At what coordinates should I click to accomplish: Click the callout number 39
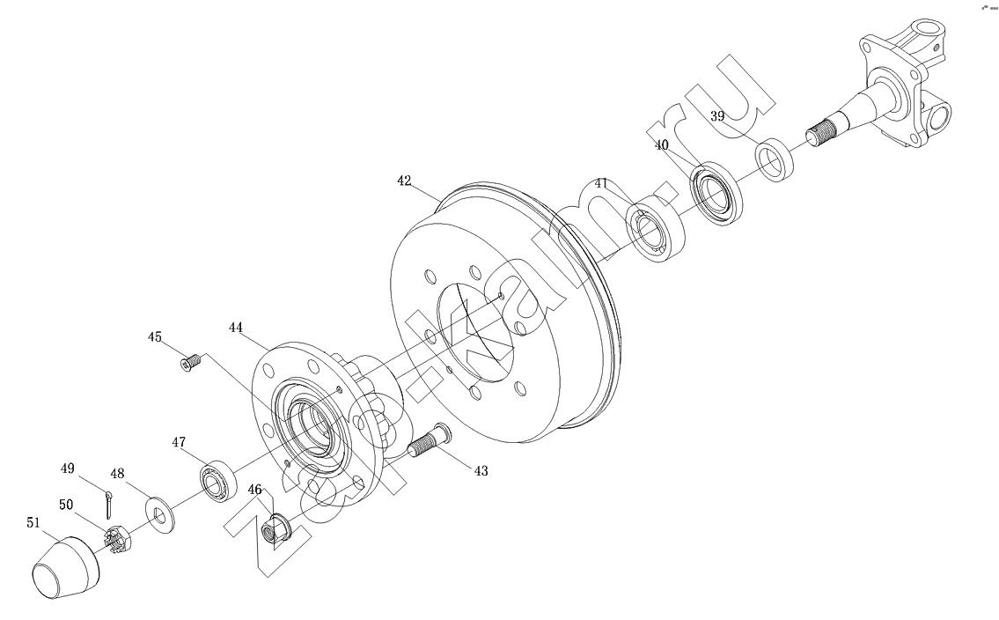pos(717,116)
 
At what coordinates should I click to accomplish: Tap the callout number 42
pos(404,181)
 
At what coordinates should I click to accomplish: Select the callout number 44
pos(236,328)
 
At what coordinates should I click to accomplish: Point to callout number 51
pos(33,522)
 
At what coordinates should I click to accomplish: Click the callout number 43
pos(481,471)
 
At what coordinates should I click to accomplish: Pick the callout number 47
pos(178,441)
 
